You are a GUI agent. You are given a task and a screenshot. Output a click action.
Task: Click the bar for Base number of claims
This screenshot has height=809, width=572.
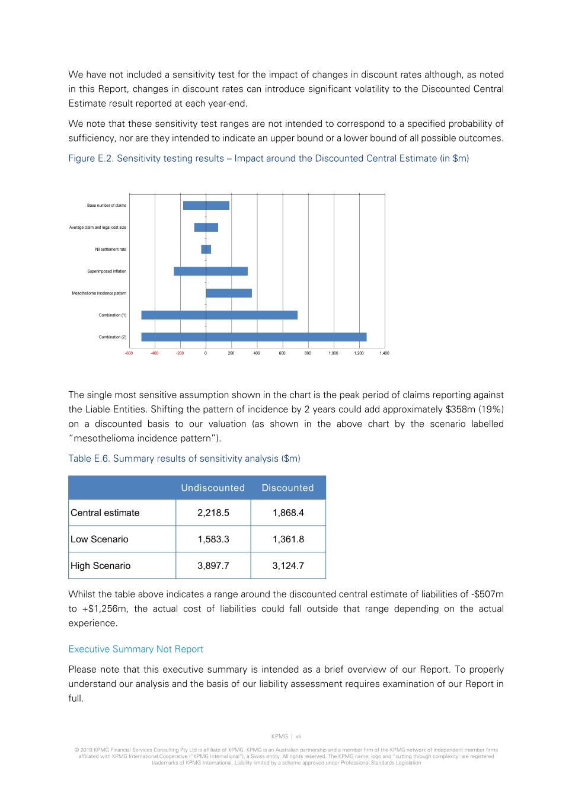[206, 206]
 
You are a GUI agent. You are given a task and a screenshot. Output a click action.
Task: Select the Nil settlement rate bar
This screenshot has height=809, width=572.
[206, 250]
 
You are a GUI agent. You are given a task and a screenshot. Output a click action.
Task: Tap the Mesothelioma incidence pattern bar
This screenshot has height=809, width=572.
[229, 293]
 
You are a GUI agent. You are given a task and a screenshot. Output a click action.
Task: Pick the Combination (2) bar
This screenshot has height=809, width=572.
[254, 337]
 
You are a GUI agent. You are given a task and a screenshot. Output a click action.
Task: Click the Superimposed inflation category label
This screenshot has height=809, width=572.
[107, 271]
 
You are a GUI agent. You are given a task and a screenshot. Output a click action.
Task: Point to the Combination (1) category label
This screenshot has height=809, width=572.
[113, 315]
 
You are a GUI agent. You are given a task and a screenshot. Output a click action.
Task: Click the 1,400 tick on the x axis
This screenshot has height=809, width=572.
[384, 353]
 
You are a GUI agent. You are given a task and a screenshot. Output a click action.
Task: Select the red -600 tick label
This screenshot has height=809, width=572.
[129, 353]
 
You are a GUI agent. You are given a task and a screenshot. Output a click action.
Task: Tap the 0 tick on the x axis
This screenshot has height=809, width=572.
[206, 353]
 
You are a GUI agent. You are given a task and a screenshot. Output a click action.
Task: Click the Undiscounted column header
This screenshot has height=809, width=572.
[213, 488]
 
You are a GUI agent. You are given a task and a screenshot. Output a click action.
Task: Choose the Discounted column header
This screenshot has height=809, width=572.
[287, 488]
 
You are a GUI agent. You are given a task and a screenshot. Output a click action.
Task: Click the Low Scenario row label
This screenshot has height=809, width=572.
[100, 539]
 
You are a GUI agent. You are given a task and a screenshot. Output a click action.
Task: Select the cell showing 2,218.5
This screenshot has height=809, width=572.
[213, 513]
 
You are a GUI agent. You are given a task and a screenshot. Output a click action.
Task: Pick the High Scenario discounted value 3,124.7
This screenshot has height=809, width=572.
[288, 566]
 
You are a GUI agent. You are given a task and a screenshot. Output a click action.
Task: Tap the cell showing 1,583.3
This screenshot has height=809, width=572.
[213, 539]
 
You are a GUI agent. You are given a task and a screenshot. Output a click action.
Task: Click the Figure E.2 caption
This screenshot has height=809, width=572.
[269, 158]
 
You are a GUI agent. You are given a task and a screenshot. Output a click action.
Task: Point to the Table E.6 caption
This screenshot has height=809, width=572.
[184, 459]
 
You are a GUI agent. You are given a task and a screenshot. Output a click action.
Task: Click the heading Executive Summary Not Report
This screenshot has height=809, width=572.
[136, 650]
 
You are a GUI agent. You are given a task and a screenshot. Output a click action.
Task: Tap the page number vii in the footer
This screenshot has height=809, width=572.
[299, 737]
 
